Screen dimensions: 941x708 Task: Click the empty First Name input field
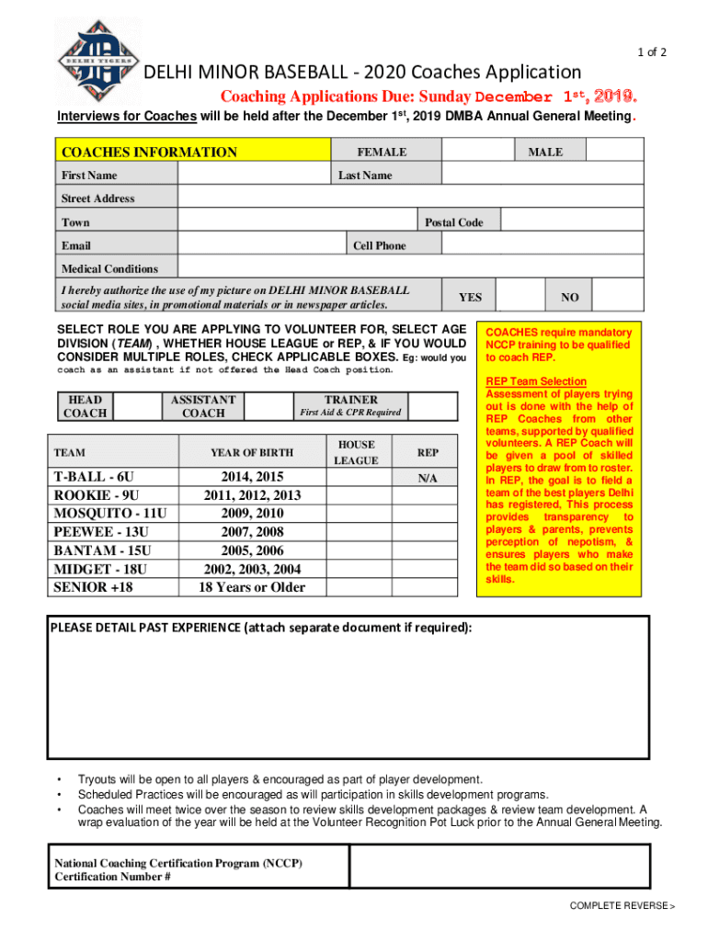[253, 175]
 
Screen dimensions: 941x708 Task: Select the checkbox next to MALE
[619, 152]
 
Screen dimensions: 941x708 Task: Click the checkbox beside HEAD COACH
[141, 406]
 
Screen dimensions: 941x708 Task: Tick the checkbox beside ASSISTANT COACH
[270, 406]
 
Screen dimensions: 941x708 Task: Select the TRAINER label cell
[350, 405]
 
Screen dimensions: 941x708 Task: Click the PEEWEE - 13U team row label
[100, 531]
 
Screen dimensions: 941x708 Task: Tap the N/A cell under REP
[428, 479]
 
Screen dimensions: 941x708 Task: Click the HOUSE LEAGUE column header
[355, 452]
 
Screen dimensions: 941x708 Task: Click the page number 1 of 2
[651, 52]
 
